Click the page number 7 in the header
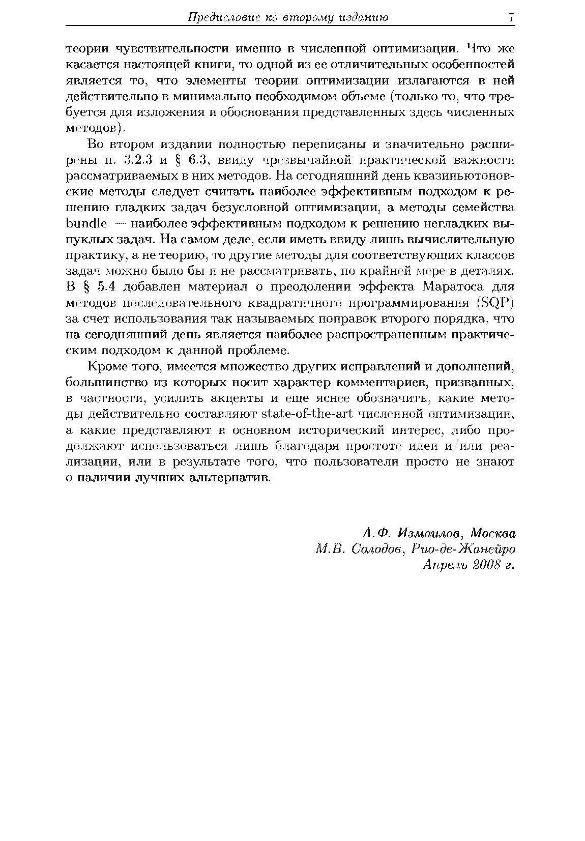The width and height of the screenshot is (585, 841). point(511,17)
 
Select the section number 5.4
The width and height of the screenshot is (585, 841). point(107,287)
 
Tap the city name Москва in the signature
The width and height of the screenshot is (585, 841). point(493,533)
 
